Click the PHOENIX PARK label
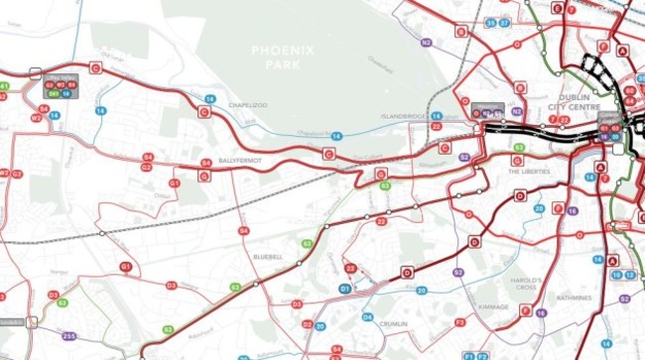pos(283,56)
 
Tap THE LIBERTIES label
pos(528,172)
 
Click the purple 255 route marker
pos(68,338)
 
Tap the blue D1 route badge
pos(345,289)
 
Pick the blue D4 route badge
pos(367,317)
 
